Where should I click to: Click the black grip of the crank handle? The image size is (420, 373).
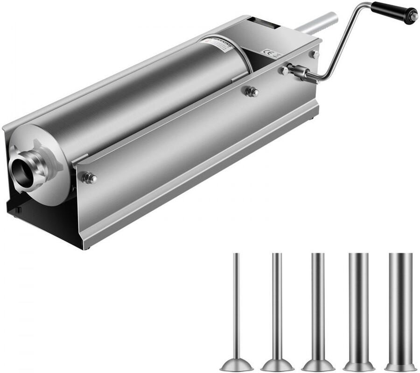pos(390,11)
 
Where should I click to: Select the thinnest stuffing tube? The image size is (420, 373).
pos(237,304)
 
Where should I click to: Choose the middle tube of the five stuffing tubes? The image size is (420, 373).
pos(318,304)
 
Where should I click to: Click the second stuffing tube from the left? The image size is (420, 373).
pos(277,304)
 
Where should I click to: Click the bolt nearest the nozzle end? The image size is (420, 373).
pos(88,178)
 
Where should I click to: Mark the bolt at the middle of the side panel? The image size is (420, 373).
pos(251,92)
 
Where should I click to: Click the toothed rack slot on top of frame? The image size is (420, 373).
pos(263,22)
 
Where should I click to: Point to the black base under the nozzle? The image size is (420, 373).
pos(37,220)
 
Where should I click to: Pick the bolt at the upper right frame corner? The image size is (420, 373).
pos(315,54)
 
